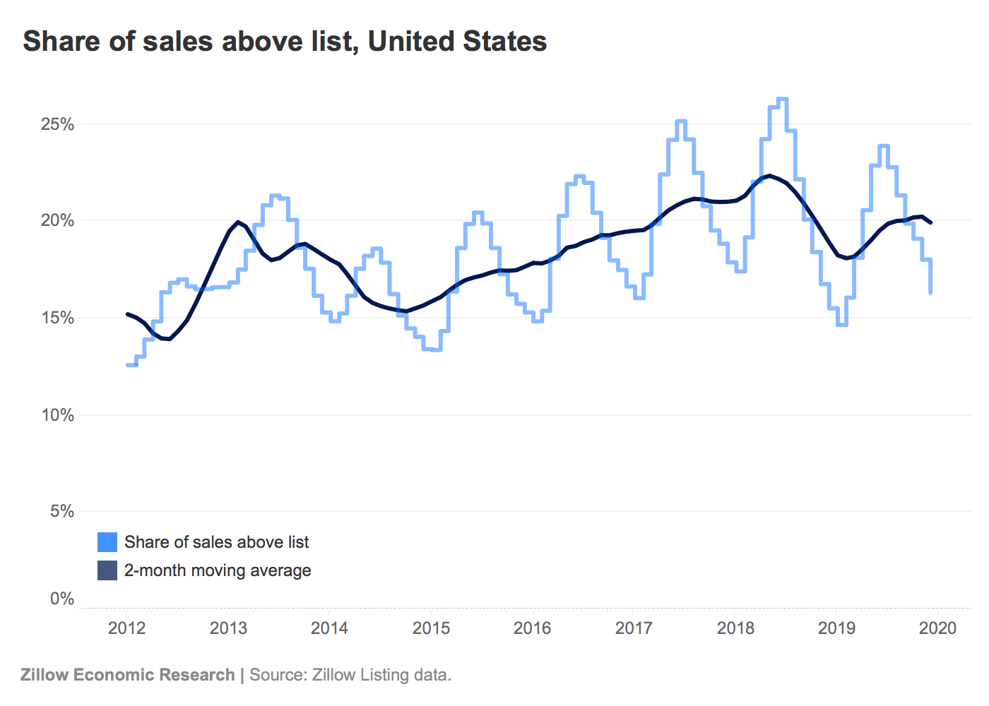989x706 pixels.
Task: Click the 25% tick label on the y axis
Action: click(x=57, y=124)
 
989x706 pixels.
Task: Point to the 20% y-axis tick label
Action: click(x=57, y=221)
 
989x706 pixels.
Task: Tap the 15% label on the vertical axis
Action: click(x=57, y=318)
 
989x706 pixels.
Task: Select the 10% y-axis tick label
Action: click(x=57, y=415)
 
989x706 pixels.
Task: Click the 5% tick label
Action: click(x=61, y=511)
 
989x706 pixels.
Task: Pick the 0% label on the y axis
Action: click(x=61, y=599)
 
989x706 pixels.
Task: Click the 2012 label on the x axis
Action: click(x=126, y=628)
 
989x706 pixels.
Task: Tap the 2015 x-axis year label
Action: click(x=431, y=628)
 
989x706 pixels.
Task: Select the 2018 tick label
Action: click(x=735, y=628)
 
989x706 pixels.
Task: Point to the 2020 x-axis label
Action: click(x=937, y=628)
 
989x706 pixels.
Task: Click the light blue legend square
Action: click(x=107, y=542)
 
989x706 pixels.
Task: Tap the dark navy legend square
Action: click(x=107, y=570)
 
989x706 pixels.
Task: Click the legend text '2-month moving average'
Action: click(x=218, y=570)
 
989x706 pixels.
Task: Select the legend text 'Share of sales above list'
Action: click(x=216, y=542)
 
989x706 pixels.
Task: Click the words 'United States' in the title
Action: click(x=457, y=41)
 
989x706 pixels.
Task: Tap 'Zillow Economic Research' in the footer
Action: click(x=127, y=675)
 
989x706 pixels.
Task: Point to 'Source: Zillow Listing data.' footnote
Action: click(x=350, y=675)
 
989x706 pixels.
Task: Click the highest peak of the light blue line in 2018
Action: click(x=782, y=100)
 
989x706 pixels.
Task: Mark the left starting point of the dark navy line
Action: click(x=127, y=313)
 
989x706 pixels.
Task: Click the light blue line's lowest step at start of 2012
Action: click(x=131, y=365)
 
